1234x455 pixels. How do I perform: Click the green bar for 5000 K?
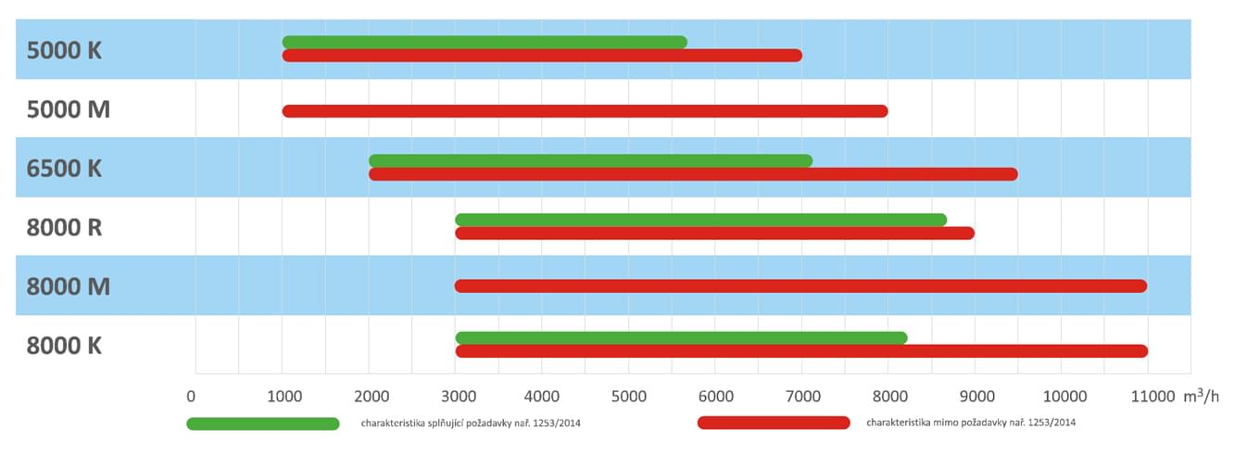click(x=485, y=42)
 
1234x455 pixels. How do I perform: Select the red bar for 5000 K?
click(x=542, y=56)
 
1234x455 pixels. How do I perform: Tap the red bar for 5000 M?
click(x=585, y=111)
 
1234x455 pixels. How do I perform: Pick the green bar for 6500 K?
click(x=590, y=160)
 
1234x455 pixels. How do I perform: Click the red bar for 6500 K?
click(x=693, y=174)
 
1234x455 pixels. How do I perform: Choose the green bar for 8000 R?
click(x=700, y=220)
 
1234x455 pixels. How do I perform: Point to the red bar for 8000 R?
click(x=714, y=234)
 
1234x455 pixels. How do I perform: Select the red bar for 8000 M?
click(x=800, y=285)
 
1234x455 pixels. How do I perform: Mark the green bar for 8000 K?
click(x=681, y=338)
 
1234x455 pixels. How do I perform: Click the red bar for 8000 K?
click(x=801, y=351)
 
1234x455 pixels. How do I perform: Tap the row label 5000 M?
click(x=68, y=109)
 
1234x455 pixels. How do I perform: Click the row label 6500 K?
click(x=64, y=169)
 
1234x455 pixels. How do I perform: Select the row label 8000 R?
click(x=64, y=227)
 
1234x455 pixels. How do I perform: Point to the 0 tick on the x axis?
click(x=192, y=397)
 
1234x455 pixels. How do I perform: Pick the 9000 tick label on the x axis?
click(x=974, y=397)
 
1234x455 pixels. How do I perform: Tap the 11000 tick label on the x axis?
click(x=1152, y=397)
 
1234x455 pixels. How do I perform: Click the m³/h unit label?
click(x=1202, y=396)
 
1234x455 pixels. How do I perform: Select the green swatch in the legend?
click(x=263, y=423)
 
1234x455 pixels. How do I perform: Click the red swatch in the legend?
click(x=774, y=423)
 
